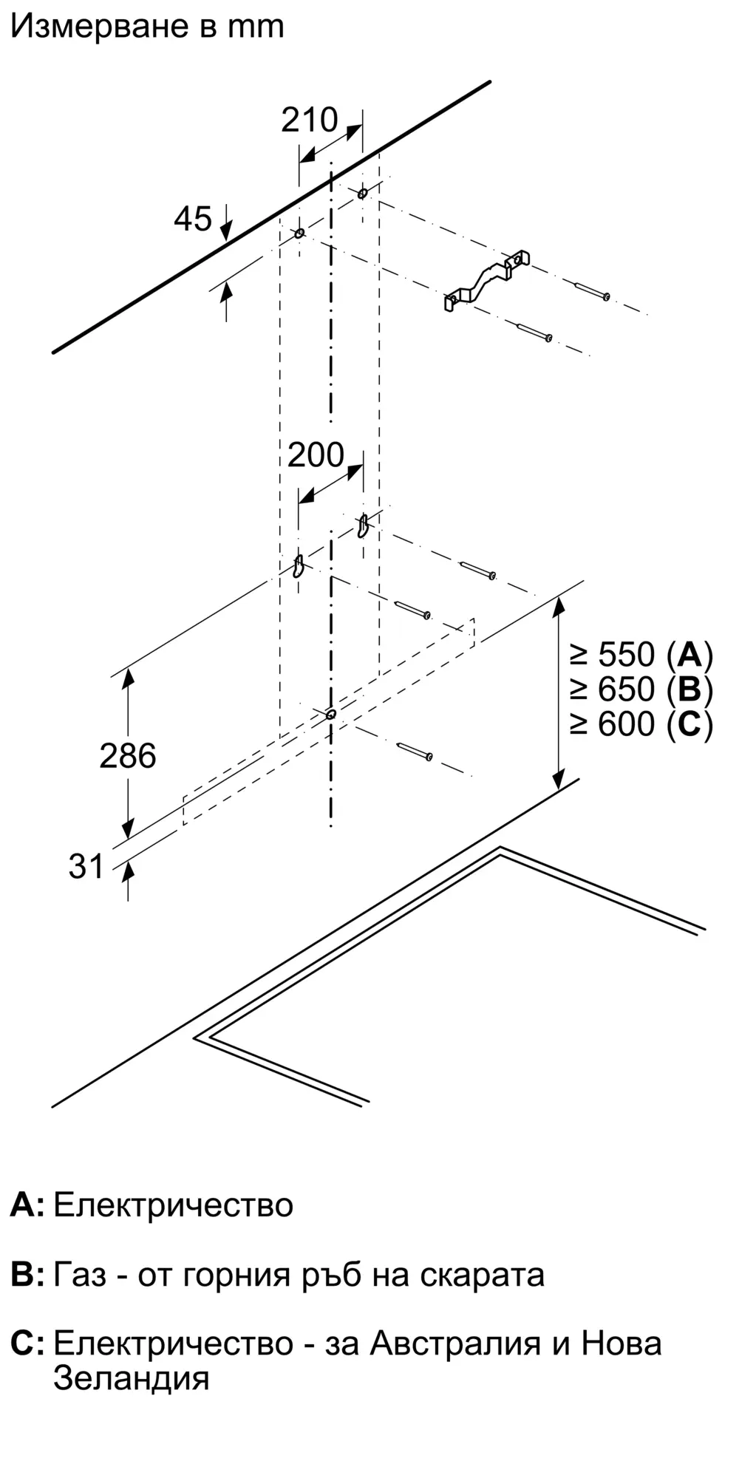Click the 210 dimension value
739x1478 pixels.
coord(309,120)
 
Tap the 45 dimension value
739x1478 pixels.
coord(193,219)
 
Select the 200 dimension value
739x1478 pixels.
coord(316,455)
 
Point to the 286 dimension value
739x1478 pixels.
coord(128,756)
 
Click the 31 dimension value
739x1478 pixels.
coord(86,866)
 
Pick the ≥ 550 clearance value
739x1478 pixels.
coord(613,655)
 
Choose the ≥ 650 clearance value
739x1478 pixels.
coord(613,689)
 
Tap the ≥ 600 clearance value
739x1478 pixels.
coord(613,724)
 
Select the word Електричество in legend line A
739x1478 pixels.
coord(174,1205)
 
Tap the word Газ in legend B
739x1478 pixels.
coord(80,1275)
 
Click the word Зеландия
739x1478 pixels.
coord(132,1378)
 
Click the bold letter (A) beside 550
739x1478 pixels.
coord(689,655)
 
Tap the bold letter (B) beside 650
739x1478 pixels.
coord(689,689)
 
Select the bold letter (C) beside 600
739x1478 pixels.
coord(689,724)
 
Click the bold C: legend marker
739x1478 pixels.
coord(27,1344)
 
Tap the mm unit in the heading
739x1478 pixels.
coord(256,27)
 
